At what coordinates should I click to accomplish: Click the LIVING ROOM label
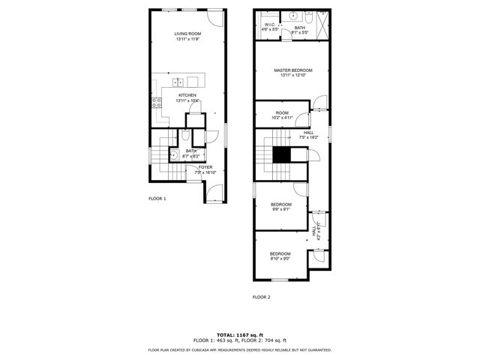(x=187, y=34)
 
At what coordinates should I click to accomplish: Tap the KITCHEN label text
(x=187, y=95)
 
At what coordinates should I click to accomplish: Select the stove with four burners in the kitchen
(x=157, y=103)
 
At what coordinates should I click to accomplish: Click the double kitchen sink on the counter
(x=178, y=82)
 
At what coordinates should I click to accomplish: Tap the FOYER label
(x=205, y=167)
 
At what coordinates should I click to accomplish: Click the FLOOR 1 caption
(x=157, y=199)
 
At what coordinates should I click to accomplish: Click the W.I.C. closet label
(x=270, y=25)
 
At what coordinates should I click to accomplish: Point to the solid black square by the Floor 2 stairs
(x=281, y=154)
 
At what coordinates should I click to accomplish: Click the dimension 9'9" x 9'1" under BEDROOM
(x=281, y=209)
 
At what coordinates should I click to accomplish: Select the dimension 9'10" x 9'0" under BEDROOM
(x=280, y=259)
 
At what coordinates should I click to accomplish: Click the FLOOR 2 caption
(x=261, y=298)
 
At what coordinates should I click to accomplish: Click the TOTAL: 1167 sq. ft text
(x=240, y=334)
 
